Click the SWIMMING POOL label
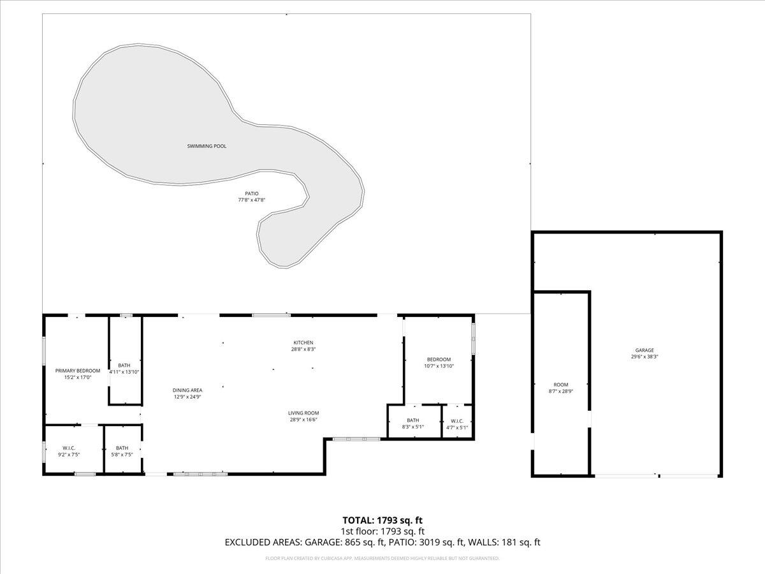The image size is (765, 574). click(207, 146)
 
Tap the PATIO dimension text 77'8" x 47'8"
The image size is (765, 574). click(252, 200)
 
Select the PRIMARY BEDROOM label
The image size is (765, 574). click(78, 371)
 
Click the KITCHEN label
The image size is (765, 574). click(303, 342)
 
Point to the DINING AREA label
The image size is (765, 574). click(187, 390)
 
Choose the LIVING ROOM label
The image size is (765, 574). click(303, 413)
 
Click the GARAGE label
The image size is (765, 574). click(645, 350)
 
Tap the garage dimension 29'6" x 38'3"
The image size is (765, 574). click(645, 357)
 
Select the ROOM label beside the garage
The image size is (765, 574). click(560, 385)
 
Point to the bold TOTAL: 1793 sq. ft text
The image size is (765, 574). click(382, 520)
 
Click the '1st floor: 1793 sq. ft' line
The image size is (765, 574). click(382, 531)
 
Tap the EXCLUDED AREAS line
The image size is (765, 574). click(382, 543)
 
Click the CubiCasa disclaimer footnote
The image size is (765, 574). click(382, 558)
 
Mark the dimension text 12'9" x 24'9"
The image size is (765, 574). click(187, 397)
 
